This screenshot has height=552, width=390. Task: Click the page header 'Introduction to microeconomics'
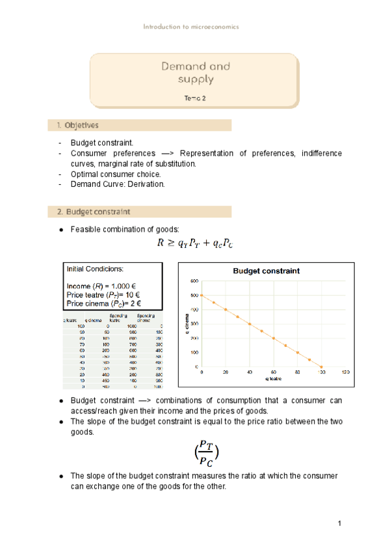click(x=191, y=27)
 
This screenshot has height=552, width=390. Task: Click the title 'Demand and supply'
click(x=195, y=73)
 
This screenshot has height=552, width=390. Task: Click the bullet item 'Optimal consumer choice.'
click(x=115, y=174)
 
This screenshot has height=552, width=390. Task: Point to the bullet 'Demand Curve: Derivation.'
click(x=117, y=184)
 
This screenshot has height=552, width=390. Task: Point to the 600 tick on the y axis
click(x=194, y=281)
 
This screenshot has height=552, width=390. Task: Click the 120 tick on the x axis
click(x=345, y=372)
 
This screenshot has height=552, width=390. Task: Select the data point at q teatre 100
click(x=321, y=367)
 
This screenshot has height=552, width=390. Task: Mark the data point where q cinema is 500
click(x=202, y=296)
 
